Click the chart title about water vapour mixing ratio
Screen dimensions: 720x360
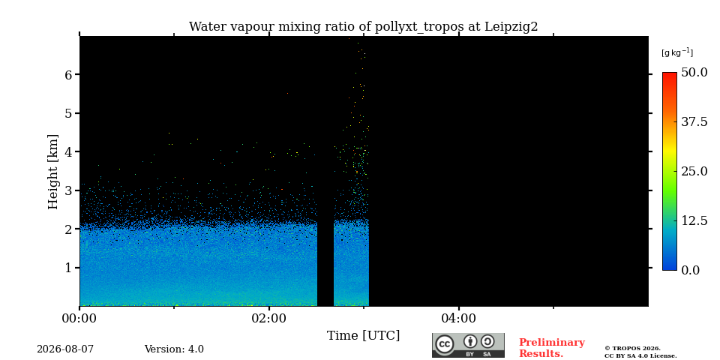click(x=363, y=27)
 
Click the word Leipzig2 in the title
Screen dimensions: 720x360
click(x=511, y=27)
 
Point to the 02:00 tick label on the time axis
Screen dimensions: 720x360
click(x=269, y=317)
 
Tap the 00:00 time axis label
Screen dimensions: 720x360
click(x=80, y=317)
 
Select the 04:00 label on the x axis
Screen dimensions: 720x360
click(x=459, y=317)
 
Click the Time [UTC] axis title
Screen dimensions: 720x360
click(x=363, y=336)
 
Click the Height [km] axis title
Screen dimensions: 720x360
click(x=54, y=172)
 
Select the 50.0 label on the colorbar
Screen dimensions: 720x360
click(x=694, y=72)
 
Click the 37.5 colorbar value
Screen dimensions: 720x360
click(x=694, y=121)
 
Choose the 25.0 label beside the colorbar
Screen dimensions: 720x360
click(x=694, y=171)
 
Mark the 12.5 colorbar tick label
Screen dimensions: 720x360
click(x=694, y=220)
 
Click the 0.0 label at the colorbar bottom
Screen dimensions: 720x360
click(x=691, y=270)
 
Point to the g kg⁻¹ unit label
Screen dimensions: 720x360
click(x=677, y=52)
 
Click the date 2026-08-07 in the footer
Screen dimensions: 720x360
click(x=65, y=349)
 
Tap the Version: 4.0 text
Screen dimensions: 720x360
click(x=174, y=349)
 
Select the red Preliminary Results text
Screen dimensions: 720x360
click(x=552, y=348)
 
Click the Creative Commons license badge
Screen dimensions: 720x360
click(x=468, y=345)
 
